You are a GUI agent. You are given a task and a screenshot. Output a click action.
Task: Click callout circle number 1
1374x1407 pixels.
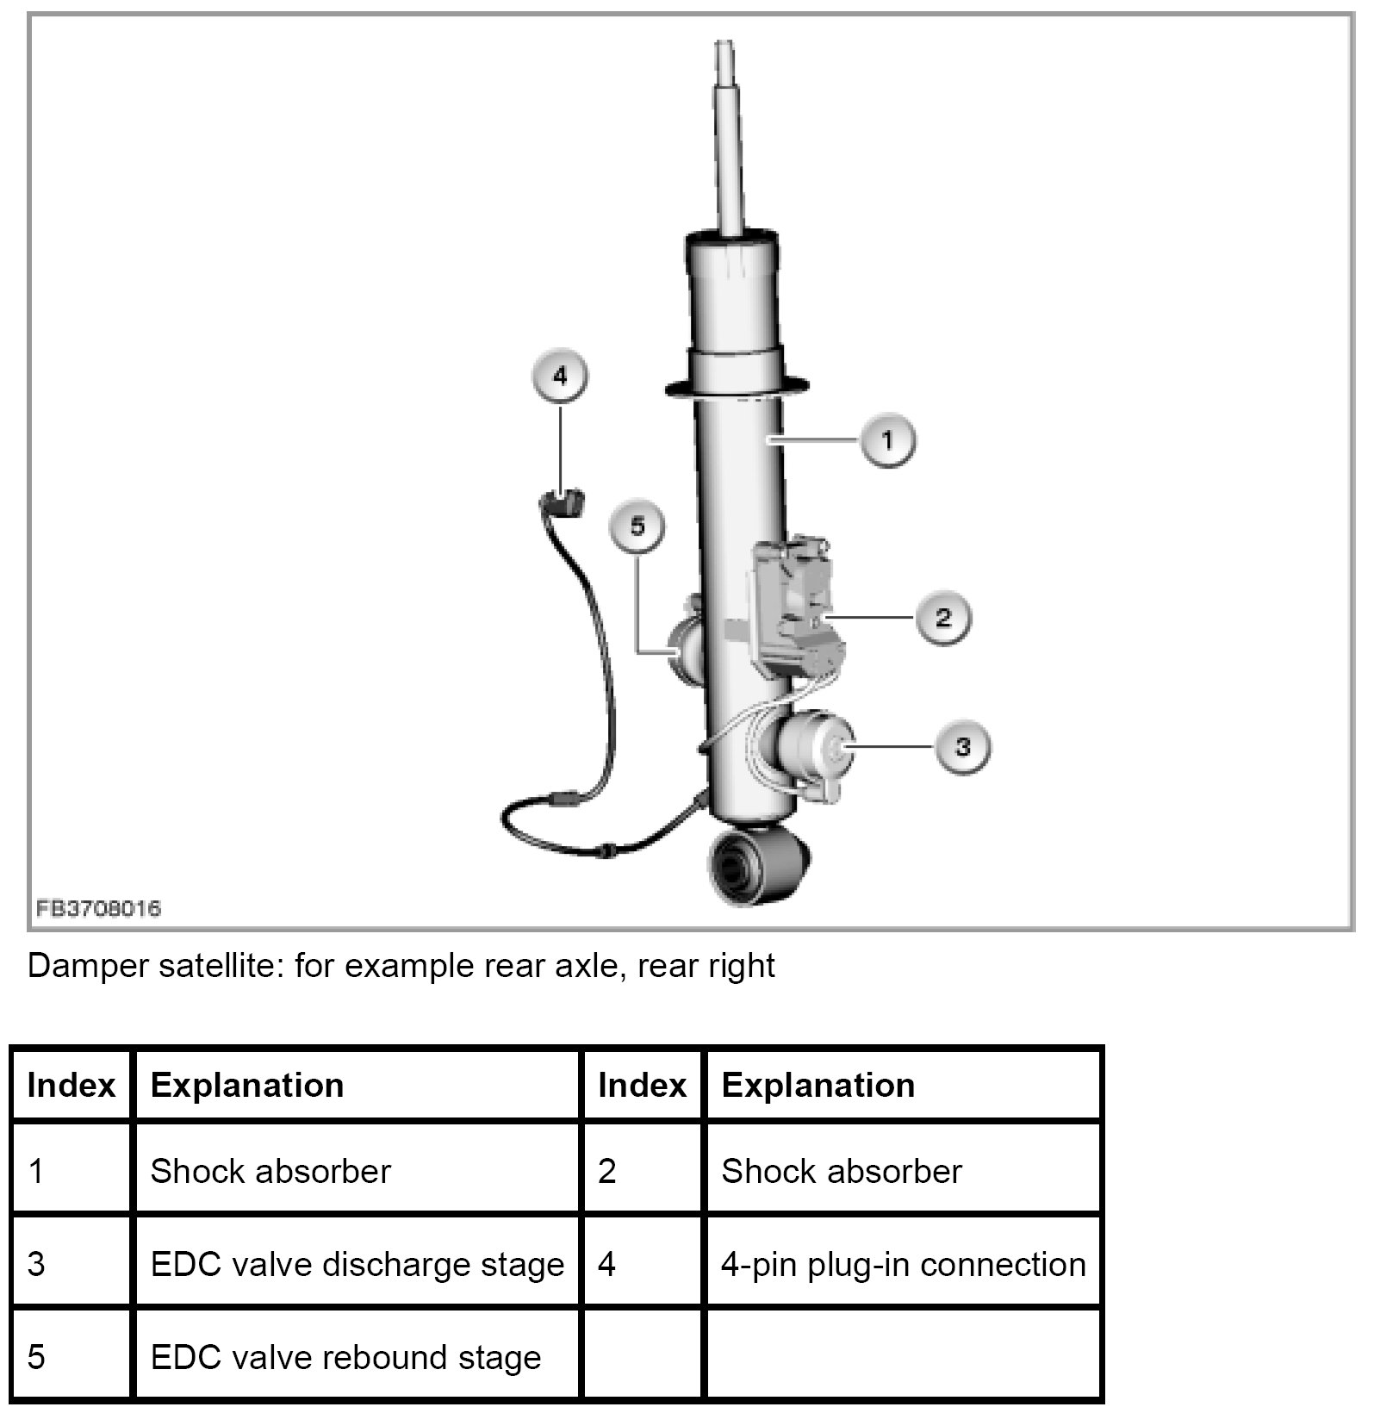coord(886,440)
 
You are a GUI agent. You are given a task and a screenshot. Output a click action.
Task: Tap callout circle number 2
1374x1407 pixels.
coord(942,617)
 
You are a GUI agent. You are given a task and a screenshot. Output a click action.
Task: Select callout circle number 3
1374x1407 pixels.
coord(962,746)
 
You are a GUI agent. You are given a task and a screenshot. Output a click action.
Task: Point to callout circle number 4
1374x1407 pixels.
coord(560,377)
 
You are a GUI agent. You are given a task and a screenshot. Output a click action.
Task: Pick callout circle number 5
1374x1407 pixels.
coord(637,526)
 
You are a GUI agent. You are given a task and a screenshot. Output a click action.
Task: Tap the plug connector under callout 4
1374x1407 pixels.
coord(561,502)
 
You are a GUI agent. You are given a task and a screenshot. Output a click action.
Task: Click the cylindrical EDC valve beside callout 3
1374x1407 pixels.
coord(814,748)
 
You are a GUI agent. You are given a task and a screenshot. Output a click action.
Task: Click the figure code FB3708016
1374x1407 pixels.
coord(98,908)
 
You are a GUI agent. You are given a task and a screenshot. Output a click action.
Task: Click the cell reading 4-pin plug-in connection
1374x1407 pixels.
coord(903,1265)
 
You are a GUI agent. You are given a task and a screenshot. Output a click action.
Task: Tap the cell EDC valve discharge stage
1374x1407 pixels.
coord(357,1265)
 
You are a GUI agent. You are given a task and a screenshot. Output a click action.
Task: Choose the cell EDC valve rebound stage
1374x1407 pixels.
coord(345,1358)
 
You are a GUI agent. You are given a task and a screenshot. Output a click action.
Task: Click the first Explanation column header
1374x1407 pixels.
coord(247,1086)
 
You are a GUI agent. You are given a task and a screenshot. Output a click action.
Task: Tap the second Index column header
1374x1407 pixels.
coord(642,1086)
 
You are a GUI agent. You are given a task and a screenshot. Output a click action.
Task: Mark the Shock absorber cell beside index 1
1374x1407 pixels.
coord(270,1172)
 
